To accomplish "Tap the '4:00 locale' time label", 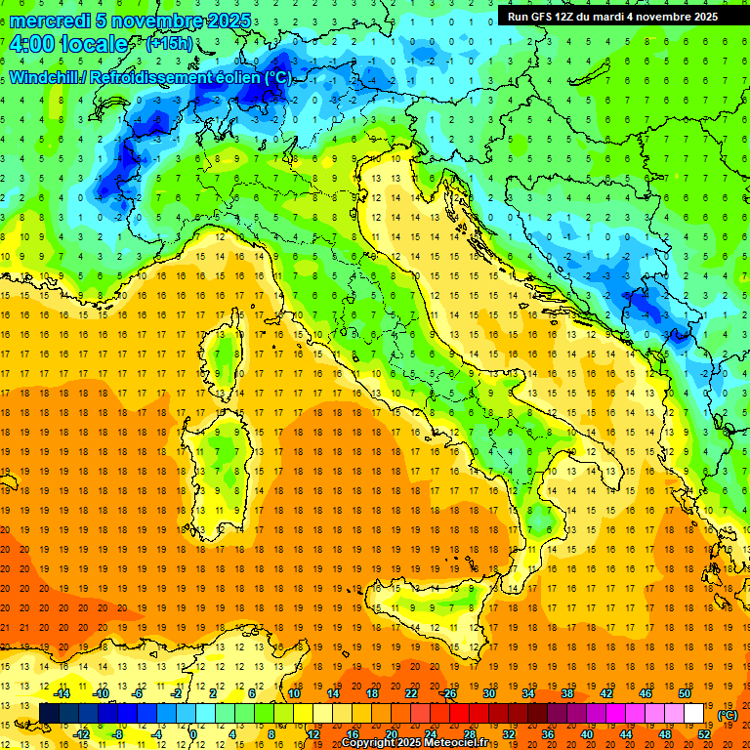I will pyautogui.click(x=68, y=44).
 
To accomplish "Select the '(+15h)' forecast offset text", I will pyautogui.click(x=169, y=44).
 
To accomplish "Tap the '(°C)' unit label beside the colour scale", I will pyautogui.click(x=728, y=715).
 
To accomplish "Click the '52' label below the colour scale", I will pyautogui.click(x=704, y=734).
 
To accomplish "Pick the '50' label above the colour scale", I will pyautogui.click(x=686, y=693).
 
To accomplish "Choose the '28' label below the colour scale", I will pyautogui.click(x=469, y=734).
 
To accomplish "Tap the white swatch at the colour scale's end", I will pyautogui.click(x=694, y=714).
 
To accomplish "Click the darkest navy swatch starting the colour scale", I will pyautogui.click(x=50, y=714).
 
